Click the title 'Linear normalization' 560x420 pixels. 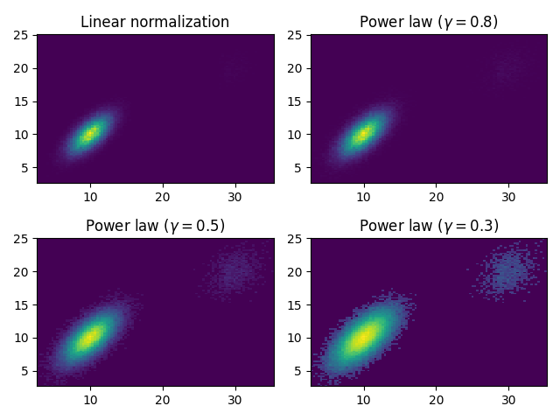155,22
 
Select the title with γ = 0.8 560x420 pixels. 429,22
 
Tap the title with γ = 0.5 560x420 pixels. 155,225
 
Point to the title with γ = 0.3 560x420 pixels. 429,225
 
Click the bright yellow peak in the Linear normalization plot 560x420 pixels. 89,134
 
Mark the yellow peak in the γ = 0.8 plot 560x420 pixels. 363,134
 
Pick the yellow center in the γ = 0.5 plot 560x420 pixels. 89,337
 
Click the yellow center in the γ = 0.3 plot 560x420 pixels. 363,337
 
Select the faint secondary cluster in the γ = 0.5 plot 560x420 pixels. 234,271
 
